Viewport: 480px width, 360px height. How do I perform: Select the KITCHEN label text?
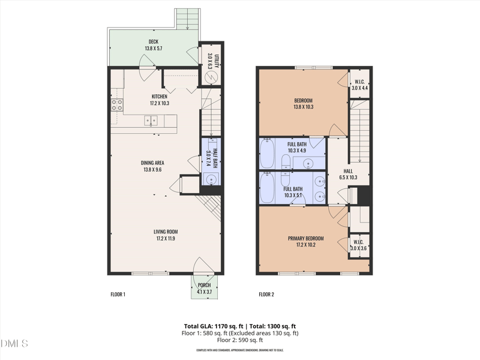[159, 96]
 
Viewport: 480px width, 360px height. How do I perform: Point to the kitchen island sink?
[151, 121]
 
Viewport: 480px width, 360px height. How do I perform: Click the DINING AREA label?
[154, 163]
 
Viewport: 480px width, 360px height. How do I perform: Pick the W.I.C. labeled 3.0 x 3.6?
[359, 245]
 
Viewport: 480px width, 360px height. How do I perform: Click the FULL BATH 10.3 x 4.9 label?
[296, 147]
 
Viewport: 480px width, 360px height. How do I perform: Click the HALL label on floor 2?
[348, 174]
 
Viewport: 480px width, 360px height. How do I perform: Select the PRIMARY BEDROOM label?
[306, 241]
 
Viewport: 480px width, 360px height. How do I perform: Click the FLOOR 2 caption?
[266, 295]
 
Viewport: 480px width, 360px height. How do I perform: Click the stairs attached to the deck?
[188, 19]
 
